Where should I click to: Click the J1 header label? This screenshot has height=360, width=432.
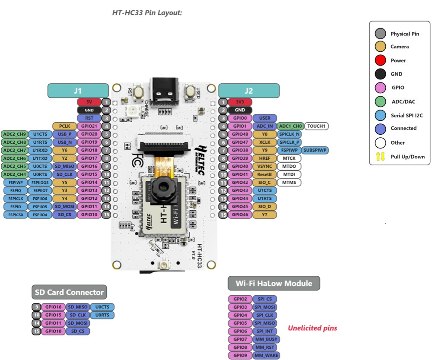pos(78,91)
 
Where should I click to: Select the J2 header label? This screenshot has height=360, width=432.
pos(249,91)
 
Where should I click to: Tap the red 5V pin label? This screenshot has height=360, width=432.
pos(89,102)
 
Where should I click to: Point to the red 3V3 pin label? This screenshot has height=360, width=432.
pos(240,102)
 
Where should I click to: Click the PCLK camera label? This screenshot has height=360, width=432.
pos(64,126)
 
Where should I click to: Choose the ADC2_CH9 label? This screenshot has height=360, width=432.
pos(14,134)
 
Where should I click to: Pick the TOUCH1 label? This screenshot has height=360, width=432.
pos(317,126)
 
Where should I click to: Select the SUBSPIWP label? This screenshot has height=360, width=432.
pos(315,150)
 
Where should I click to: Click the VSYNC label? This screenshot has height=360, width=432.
pos(264,166)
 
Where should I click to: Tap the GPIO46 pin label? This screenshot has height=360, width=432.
pos(240,215)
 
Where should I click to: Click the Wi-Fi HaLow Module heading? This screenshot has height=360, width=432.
pos(274,284)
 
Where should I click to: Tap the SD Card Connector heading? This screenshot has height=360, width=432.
pos(69,292)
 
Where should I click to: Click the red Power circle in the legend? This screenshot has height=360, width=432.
pos(381,60)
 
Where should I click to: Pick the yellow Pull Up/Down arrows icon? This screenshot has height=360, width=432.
pos(381,157)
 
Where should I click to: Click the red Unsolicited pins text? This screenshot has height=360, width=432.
pos(312,328)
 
